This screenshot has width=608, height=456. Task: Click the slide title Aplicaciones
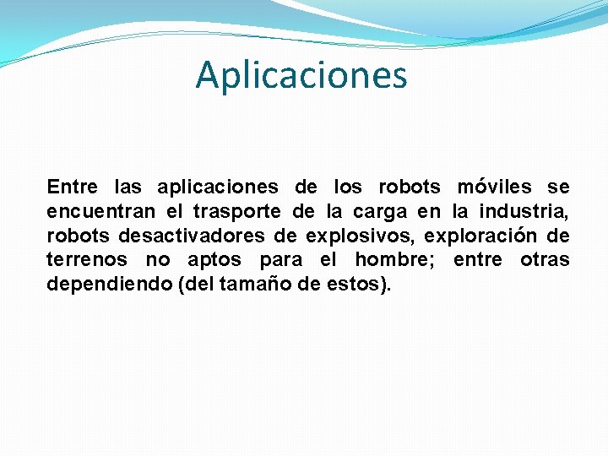pyautogui.click(x=301, y=74)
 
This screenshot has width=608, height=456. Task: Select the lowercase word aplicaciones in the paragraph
pyautogui.click(x=217, y=187)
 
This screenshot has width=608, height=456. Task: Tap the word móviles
pyautogui.click(x=494, y=187)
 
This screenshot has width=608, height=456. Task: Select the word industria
pyautogui.click(x=524, y=211)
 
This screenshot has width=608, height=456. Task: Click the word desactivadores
pyautogui.click(x=190, y=236)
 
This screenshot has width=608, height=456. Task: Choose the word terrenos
pyautogui.click(x=87, y=260)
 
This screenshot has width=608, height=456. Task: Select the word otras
pyautogui.click(x=545, y=260)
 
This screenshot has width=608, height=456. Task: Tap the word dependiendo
pyautogui.click(x=110, y=285)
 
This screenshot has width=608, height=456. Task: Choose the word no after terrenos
pyautogui.click(x=158, y=260)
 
